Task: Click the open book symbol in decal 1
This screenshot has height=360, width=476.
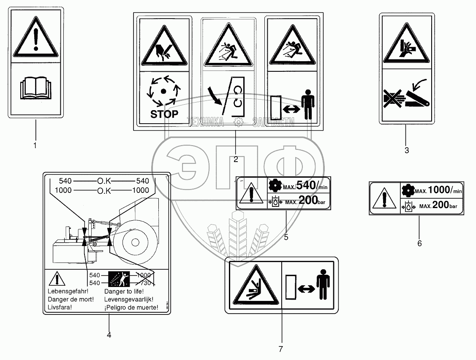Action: tap(35, 89)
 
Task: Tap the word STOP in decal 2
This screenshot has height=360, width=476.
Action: tap(164, 114)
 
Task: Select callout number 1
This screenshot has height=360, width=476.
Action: tap(35, 146)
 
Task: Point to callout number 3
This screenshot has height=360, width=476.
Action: tap(406, 150)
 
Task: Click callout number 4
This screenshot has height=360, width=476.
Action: tap(109, 335)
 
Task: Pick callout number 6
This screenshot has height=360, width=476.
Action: tap(419, 243)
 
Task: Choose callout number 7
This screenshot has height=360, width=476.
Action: tap(280, 349)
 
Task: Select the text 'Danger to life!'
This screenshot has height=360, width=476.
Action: tap(124, 291)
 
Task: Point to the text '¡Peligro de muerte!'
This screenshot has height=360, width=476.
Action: tap(131, 307)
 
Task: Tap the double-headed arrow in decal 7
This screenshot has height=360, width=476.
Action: tap(305, 289)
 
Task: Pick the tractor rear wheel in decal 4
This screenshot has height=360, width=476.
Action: tap(135, 242)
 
